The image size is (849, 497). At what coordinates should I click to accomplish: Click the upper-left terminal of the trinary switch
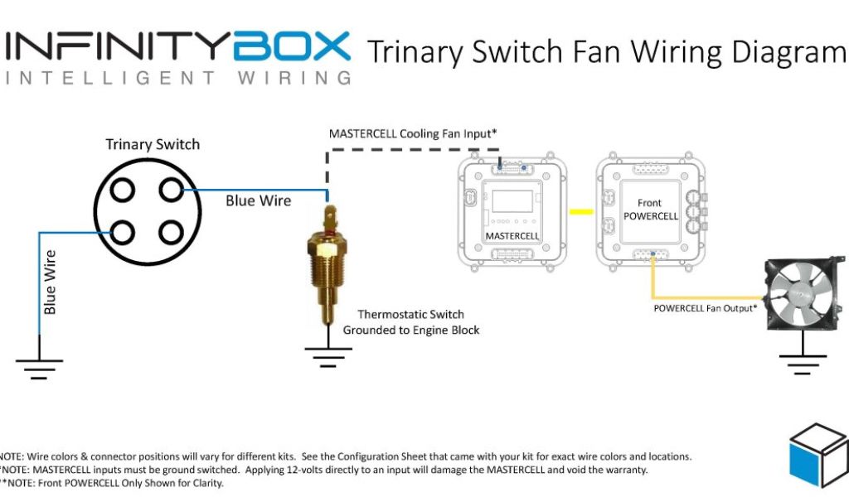(123, 191)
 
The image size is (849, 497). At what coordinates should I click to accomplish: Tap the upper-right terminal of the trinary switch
(171, 191)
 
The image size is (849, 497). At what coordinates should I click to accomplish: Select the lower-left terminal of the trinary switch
(123, 232)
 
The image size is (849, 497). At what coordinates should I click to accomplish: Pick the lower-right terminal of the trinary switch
(171, 232)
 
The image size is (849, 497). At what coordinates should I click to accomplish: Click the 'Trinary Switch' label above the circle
(153, 145)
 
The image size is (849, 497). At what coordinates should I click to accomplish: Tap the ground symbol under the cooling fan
(803, 361)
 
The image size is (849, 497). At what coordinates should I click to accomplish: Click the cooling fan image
(802, 296)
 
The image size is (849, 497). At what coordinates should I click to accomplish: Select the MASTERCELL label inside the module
(512, 236)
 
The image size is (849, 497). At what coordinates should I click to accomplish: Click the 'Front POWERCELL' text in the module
(650, 210)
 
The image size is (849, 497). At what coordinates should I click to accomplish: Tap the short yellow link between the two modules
(582, 211)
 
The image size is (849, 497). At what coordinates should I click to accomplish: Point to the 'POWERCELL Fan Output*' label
(705, 308)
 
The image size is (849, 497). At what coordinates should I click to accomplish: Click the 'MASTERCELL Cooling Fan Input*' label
(413, 133)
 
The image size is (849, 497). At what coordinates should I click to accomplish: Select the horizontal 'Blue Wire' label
(259, 200)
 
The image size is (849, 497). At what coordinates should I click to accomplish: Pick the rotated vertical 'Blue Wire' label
(51, 282)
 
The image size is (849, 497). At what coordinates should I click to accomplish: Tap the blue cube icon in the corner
(817, 456)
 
